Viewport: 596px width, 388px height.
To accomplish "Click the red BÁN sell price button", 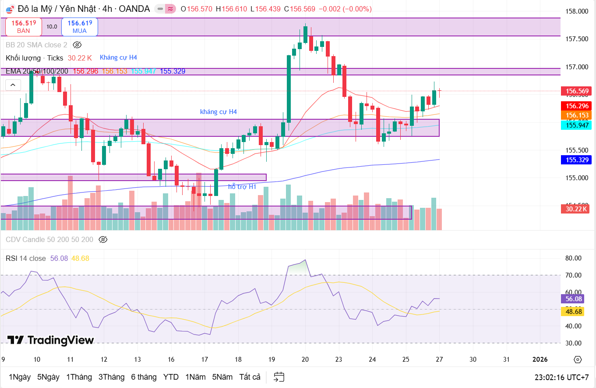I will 24,27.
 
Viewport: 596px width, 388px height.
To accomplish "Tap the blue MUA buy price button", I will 79,27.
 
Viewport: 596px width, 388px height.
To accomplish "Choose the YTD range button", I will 171,377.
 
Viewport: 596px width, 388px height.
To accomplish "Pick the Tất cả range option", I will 250,377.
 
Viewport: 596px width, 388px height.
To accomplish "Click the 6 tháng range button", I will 144,377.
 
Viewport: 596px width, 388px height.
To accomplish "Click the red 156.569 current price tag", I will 576,92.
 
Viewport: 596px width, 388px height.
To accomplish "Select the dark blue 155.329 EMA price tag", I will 576,160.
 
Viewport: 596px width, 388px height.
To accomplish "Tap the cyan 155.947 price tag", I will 576,125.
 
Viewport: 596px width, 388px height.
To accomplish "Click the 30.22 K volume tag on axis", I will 576,209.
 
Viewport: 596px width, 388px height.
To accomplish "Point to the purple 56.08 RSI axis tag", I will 574,299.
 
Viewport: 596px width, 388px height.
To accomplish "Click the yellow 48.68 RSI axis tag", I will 574,311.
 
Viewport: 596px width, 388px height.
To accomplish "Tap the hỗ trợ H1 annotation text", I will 242,187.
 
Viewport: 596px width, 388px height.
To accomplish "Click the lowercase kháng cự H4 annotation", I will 218,112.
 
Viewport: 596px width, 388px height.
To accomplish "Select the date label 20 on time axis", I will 305,360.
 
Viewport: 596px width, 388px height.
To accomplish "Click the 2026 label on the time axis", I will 540,360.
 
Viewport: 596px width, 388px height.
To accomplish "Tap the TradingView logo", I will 50,340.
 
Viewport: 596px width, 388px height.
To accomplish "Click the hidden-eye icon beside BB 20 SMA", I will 77,45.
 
